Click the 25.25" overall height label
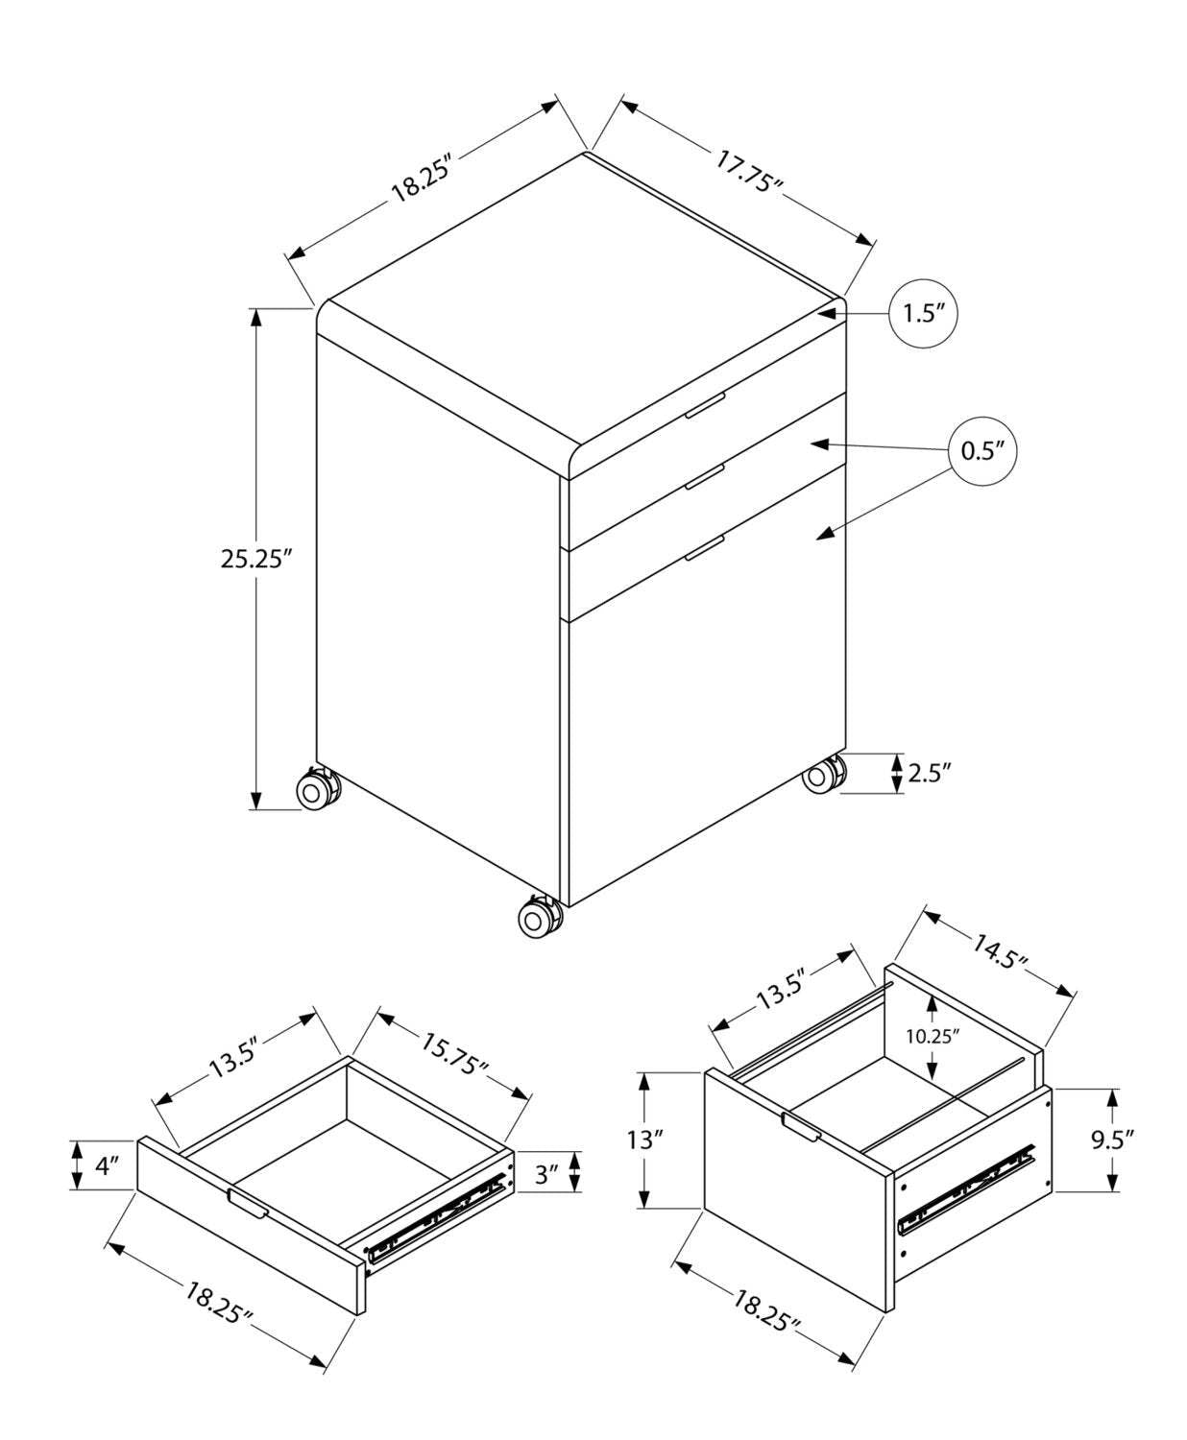click(x=255, y=559)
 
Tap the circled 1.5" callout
click(x=924, y=314)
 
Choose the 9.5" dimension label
click(x=1112, y=1140)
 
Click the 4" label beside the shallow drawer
click(x=107, y=1165)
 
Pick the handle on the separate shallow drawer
click(x=248, y=1204)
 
